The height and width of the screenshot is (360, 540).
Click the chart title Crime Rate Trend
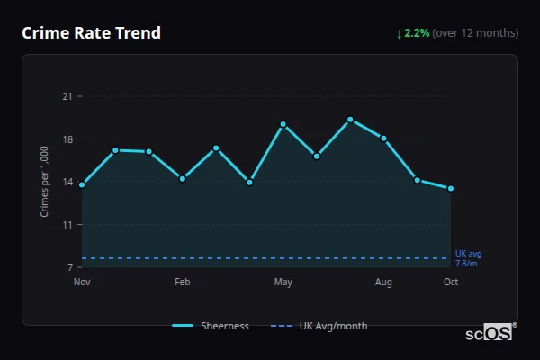[91, 33]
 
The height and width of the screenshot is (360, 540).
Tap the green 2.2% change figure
[417, 33]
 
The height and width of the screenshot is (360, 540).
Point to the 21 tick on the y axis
[66, 96]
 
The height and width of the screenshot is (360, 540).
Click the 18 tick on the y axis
[66, 139]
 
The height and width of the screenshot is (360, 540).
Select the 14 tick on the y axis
[66, 182]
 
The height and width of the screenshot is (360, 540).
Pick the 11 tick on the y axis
[66, 225]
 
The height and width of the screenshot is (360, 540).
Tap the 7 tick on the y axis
[68, 267]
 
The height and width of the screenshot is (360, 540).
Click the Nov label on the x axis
[82, 283]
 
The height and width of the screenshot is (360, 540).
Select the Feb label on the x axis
[183, 283]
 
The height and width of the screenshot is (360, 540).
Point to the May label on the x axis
[283, 283]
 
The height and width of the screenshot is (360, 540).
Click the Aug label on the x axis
[383, 283]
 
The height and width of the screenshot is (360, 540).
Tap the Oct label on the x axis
[451, 283]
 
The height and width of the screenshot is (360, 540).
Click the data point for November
[82, 185]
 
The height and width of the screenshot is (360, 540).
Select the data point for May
[283, 124]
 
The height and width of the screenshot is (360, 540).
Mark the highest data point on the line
[350, 120]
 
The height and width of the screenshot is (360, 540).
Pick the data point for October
[451, 189]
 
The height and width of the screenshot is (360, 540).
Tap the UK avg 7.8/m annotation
[468, 258]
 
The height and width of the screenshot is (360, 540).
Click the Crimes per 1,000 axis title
[44, 183]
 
